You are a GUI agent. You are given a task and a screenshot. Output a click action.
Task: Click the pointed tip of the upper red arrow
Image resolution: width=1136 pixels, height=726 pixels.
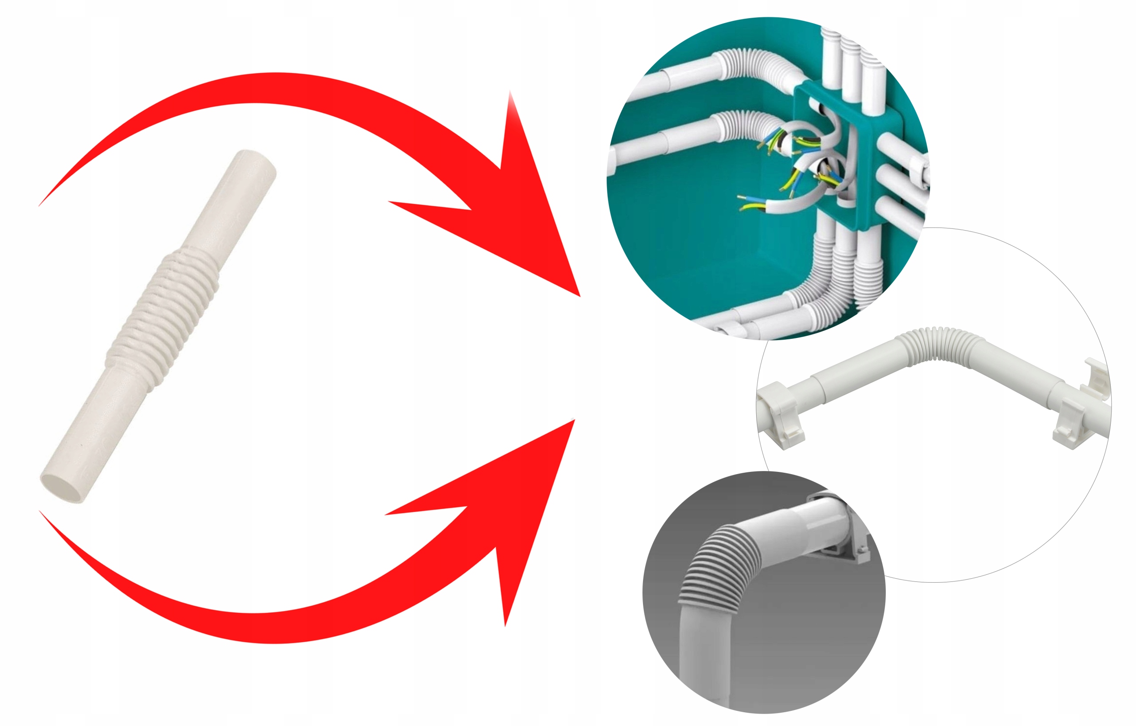point(578,295)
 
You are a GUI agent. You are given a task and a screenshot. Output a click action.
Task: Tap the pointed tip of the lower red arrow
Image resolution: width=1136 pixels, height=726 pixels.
point(574,420)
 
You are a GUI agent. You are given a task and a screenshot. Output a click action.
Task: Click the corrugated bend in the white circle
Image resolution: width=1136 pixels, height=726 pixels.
point(939,344)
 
